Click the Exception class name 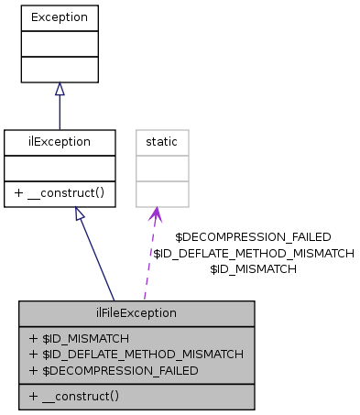60,17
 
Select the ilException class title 60,142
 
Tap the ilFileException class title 136,312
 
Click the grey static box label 162,142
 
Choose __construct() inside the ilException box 60,193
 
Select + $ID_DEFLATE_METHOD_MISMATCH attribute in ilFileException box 136,354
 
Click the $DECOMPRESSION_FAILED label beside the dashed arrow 253,236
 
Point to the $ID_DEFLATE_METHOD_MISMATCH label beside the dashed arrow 253,253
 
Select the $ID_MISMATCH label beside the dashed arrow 253,269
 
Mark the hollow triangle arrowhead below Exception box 60,89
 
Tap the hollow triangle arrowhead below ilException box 80,213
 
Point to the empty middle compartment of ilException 60,168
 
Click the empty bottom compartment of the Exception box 60,69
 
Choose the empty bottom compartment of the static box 162,193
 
